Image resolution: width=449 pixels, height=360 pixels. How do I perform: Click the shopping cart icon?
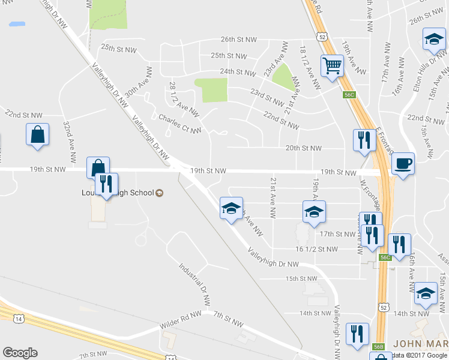point(332,65)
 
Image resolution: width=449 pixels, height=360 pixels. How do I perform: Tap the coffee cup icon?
point(403,163)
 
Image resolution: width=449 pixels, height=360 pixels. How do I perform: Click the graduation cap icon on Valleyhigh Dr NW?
point(231,208)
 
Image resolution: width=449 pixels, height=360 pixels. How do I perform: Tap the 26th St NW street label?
point(238,40)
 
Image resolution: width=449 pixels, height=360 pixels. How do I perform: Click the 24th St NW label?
point(238,72)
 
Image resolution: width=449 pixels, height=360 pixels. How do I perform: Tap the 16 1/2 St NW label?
point(316,248)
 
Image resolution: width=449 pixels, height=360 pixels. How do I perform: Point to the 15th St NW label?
point(301,279)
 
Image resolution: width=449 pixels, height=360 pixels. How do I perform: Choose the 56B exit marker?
point(378,346)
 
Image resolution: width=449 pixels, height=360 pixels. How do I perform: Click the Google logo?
point(20,353)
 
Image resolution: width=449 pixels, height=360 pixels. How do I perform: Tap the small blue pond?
point(17,25)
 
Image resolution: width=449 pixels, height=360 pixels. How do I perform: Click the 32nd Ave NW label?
point(70,142)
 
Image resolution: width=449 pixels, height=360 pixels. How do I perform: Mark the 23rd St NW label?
point(267,94)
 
